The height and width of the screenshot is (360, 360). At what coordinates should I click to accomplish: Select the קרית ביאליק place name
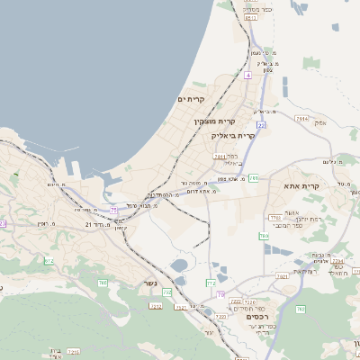234,135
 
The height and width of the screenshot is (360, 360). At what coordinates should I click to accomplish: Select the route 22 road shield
261,124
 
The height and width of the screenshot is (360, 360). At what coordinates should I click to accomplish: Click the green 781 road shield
254,178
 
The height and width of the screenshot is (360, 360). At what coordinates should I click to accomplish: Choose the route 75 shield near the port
114,209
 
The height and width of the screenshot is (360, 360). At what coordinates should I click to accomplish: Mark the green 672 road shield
49,261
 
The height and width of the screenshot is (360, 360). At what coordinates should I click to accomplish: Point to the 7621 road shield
282,275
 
